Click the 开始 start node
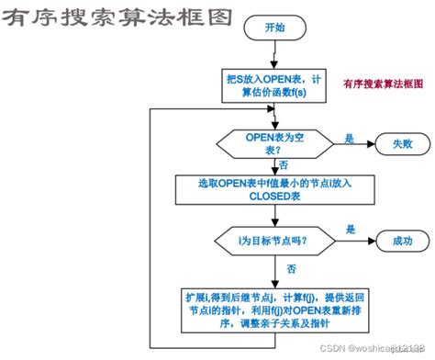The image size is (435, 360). (x=274, y=28)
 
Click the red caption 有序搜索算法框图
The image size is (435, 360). (x=382, y=84)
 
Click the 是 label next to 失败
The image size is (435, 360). (x=349, y=137)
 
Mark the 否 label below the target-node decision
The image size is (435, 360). (x=291, y=269)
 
